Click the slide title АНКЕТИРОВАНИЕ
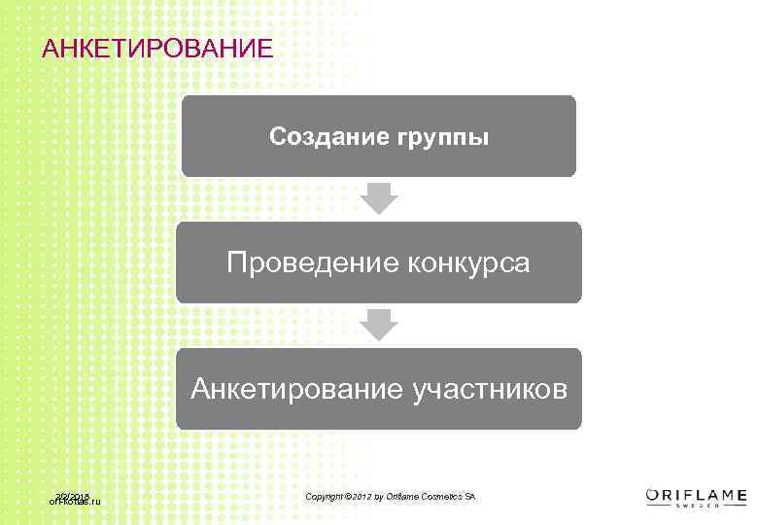(158, 47)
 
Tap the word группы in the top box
(443, 138)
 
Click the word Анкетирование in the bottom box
(297, 389)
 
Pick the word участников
(489, 390)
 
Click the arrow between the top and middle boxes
(379, 198)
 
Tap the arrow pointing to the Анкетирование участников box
(379, 325)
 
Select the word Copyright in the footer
(325, 497)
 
